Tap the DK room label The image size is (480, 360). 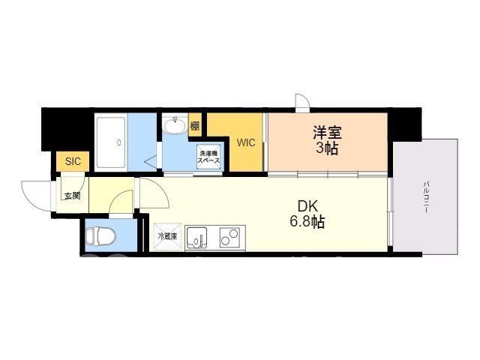[x=307, y=206]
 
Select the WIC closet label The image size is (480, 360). [x=246, y=142]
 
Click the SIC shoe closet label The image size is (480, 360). [x=73, y=161]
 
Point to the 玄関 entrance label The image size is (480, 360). [x=72, y=196]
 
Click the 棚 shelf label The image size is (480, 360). [x=195, y=125]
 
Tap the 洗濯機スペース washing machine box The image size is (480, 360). [x=208, y=157]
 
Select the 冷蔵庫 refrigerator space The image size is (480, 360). [x=167, y=237]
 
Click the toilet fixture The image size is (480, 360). [x=100, y=236]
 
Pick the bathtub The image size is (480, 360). [x=111, y=142]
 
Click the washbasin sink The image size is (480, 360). [x=174, y=125]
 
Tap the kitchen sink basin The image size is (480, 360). [x=196, y=237]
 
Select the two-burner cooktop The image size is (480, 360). [x=229, y=237]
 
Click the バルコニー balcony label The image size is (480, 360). [x=425, y=197]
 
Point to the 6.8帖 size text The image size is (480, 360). [x=307, y=222]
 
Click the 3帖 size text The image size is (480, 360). [x=327, y=148]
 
